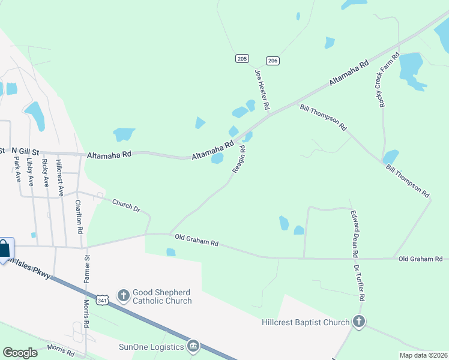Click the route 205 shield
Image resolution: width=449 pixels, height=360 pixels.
tap(242, 58)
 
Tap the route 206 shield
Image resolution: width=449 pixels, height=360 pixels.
tap(273, 61)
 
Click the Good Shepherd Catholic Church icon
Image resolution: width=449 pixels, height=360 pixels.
tap(124, 295)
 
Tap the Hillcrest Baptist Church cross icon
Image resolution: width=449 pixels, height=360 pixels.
tap(359, 322)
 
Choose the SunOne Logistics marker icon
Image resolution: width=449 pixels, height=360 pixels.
tap(193, 346)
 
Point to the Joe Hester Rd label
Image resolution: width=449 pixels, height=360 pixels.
tap(262, 90)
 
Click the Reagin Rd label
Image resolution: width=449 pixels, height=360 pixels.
tap(239, 160)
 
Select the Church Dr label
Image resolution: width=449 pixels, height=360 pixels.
tap(126, 205)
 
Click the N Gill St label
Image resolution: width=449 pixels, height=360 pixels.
tap(23, 150)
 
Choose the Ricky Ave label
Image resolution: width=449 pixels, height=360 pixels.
tap(45, 172)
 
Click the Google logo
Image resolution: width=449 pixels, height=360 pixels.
tap(20, 353)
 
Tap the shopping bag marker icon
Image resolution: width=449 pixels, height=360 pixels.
tap(5, 248)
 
